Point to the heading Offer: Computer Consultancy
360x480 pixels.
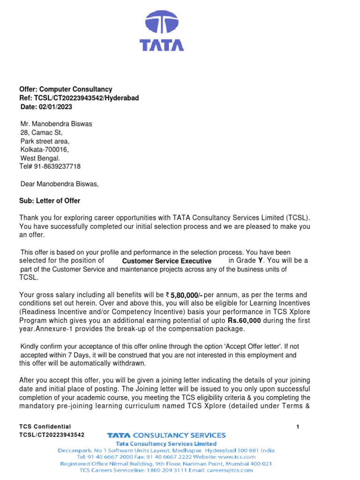point(66,89)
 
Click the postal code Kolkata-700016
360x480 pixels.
point(44,150)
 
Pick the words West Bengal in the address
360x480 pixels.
point(40,158)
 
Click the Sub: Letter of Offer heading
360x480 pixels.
point(50,201)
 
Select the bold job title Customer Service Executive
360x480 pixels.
point(166,261)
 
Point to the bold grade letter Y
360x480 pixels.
point(261,260)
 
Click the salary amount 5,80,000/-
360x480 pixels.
point(186,295)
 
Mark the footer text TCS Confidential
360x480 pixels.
point(45,427)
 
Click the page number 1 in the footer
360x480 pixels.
point(298,427)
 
